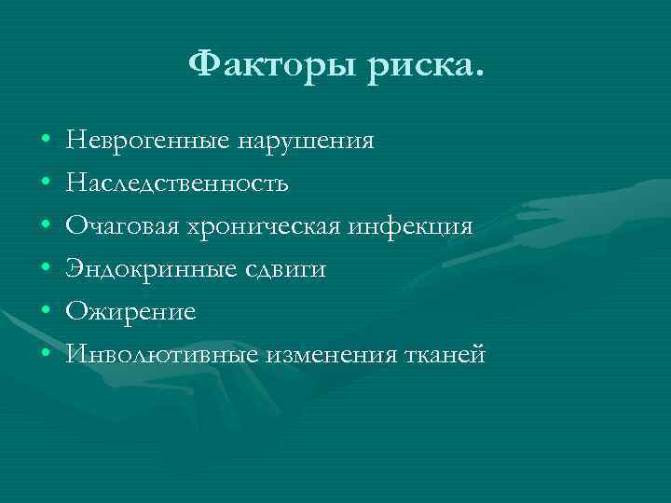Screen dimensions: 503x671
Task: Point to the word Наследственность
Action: point(177,184)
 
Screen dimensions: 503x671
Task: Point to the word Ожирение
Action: point(130,312)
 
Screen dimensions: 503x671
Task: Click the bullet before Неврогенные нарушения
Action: point(46,143)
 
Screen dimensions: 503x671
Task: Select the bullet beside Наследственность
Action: point(46,184)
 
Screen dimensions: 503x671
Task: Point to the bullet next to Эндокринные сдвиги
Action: point(46,270)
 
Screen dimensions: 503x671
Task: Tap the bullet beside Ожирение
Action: point(46,312)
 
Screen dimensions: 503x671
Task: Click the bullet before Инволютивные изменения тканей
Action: point(46,355)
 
